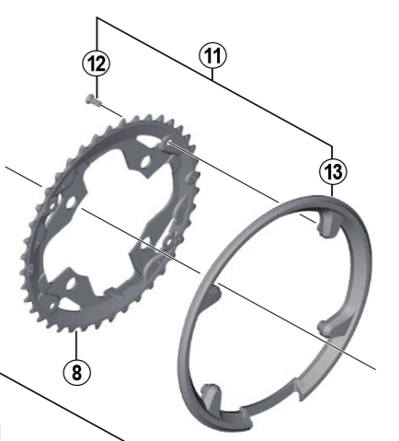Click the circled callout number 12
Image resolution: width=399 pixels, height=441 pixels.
(96, 63)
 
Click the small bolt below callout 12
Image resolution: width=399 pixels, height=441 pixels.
(92, 99)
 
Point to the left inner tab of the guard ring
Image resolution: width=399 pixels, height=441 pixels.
(212, 294)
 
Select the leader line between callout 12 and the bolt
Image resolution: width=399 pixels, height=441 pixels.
(96, 83)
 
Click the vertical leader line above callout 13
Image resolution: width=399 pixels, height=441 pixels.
(330, 148)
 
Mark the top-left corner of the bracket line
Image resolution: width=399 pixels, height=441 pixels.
(96, 17)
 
